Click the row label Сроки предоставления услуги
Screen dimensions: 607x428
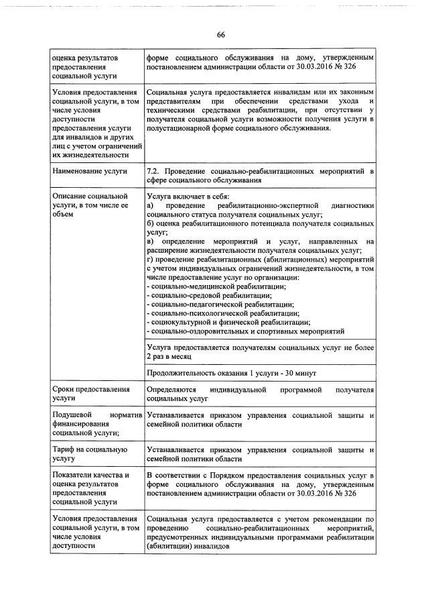click(x=84, y=393)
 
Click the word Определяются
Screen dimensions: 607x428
click(x=171, y=389)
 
